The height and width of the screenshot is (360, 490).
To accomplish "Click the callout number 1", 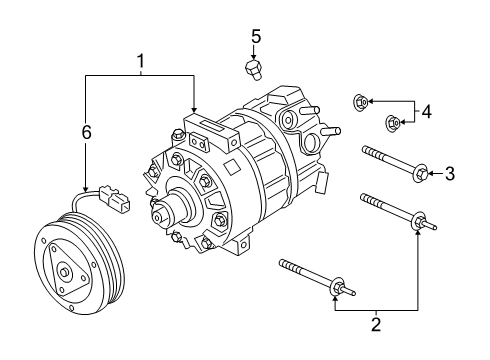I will point(140,63).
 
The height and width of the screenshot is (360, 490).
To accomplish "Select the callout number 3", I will point(449,175).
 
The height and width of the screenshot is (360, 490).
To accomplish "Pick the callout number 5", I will point(256,37).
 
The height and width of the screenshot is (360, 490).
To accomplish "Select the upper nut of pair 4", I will point(361,101).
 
